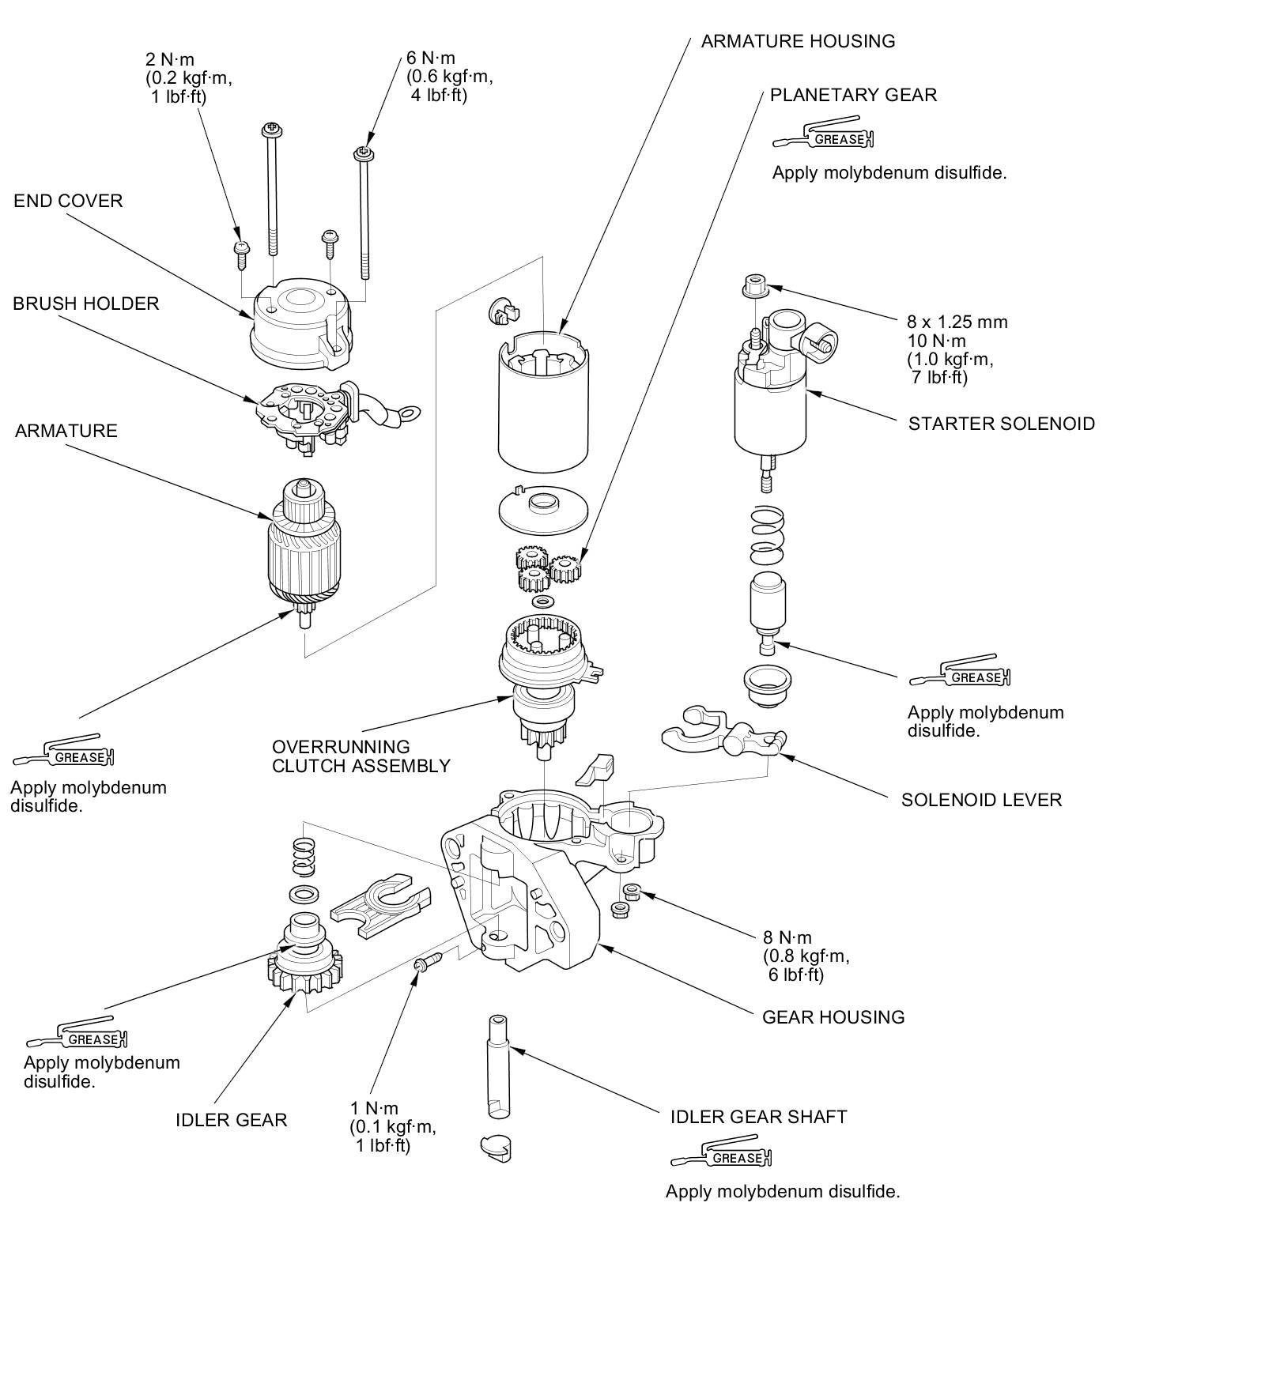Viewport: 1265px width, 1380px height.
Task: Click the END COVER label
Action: pos(68,201)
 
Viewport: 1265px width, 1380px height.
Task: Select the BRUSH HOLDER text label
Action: pos(85,304)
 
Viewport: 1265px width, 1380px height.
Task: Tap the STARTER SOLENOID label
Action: pos(1001,424)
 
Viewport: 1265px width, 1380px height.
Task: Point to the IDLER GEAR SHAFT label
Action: pos(758,1117)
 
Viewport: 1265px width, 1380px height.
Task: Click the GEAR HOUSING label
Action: pos(833,1017)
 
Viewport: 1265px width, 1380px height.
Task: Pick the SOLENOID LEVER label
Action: pos(981,800)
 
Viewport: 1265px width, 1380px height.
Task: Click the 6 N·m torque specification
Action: pos(431,58)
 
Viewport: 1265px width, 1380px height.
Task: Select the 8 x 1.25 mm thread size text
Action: pos(957,322)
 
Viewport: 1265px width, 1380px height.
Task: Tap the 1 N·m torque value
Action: pos(374,1108)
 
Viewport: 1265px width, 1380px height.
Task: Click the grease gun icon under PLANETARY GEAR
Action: pos(825,135)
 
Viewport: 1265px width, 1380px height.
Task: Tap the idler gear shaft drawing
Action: pos(497,1067)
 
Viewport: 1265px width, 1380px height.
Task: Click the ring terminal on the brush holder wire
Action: pos(409,413)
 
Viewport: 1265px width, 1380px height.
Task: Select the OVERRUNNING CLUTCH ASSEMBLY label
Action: pos(361,756)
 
